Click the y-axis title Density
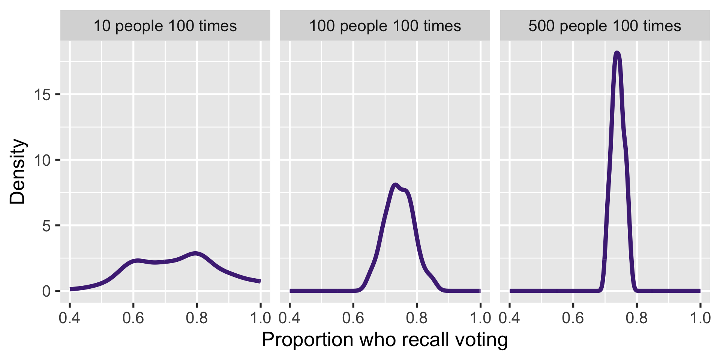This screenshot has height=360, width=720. coord(17,171)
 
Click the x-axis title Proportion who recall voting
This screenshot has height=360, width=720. coord(385,340)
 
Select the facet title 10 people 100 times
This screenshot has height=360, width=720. coord(165,26)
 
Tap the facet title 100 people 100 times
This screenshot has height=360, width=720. coord(385,26)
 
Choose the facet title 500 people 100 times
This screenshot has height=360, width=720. coord(604,26)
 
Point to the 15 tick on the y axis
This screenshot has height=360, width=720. coord(42,95)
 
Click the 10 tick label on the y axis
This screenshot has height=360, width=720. coord(42,160)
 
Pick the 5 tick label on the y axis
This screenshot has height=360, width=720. coord(46,226)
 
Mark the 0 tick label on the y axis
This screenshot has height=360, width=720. coord(46,291)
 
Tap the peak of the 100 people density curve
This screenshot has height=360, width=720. coord(395,184)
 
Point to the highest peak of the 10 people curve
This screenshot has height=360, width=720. coord(195,253)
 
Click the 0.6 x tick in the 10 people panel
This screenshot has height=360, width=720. coord(133,318)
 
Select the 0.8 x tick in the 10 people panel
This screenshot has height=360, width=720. coord(197,318)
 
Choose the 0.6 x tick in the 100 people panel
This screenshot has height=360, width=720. coord(353,318)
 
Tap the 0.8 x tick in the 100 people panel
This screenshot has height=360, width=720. coord(417,318)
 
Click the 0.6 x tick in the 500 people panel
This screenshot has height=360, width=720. coord(573,318)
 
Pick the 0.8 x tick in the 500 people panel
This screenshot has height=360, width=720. coord(636,318)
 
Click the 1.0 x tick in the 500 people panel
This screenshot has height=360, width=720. coord(700,318)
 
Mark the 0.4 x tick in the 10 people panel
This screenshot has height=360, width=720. coord(70,318)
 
